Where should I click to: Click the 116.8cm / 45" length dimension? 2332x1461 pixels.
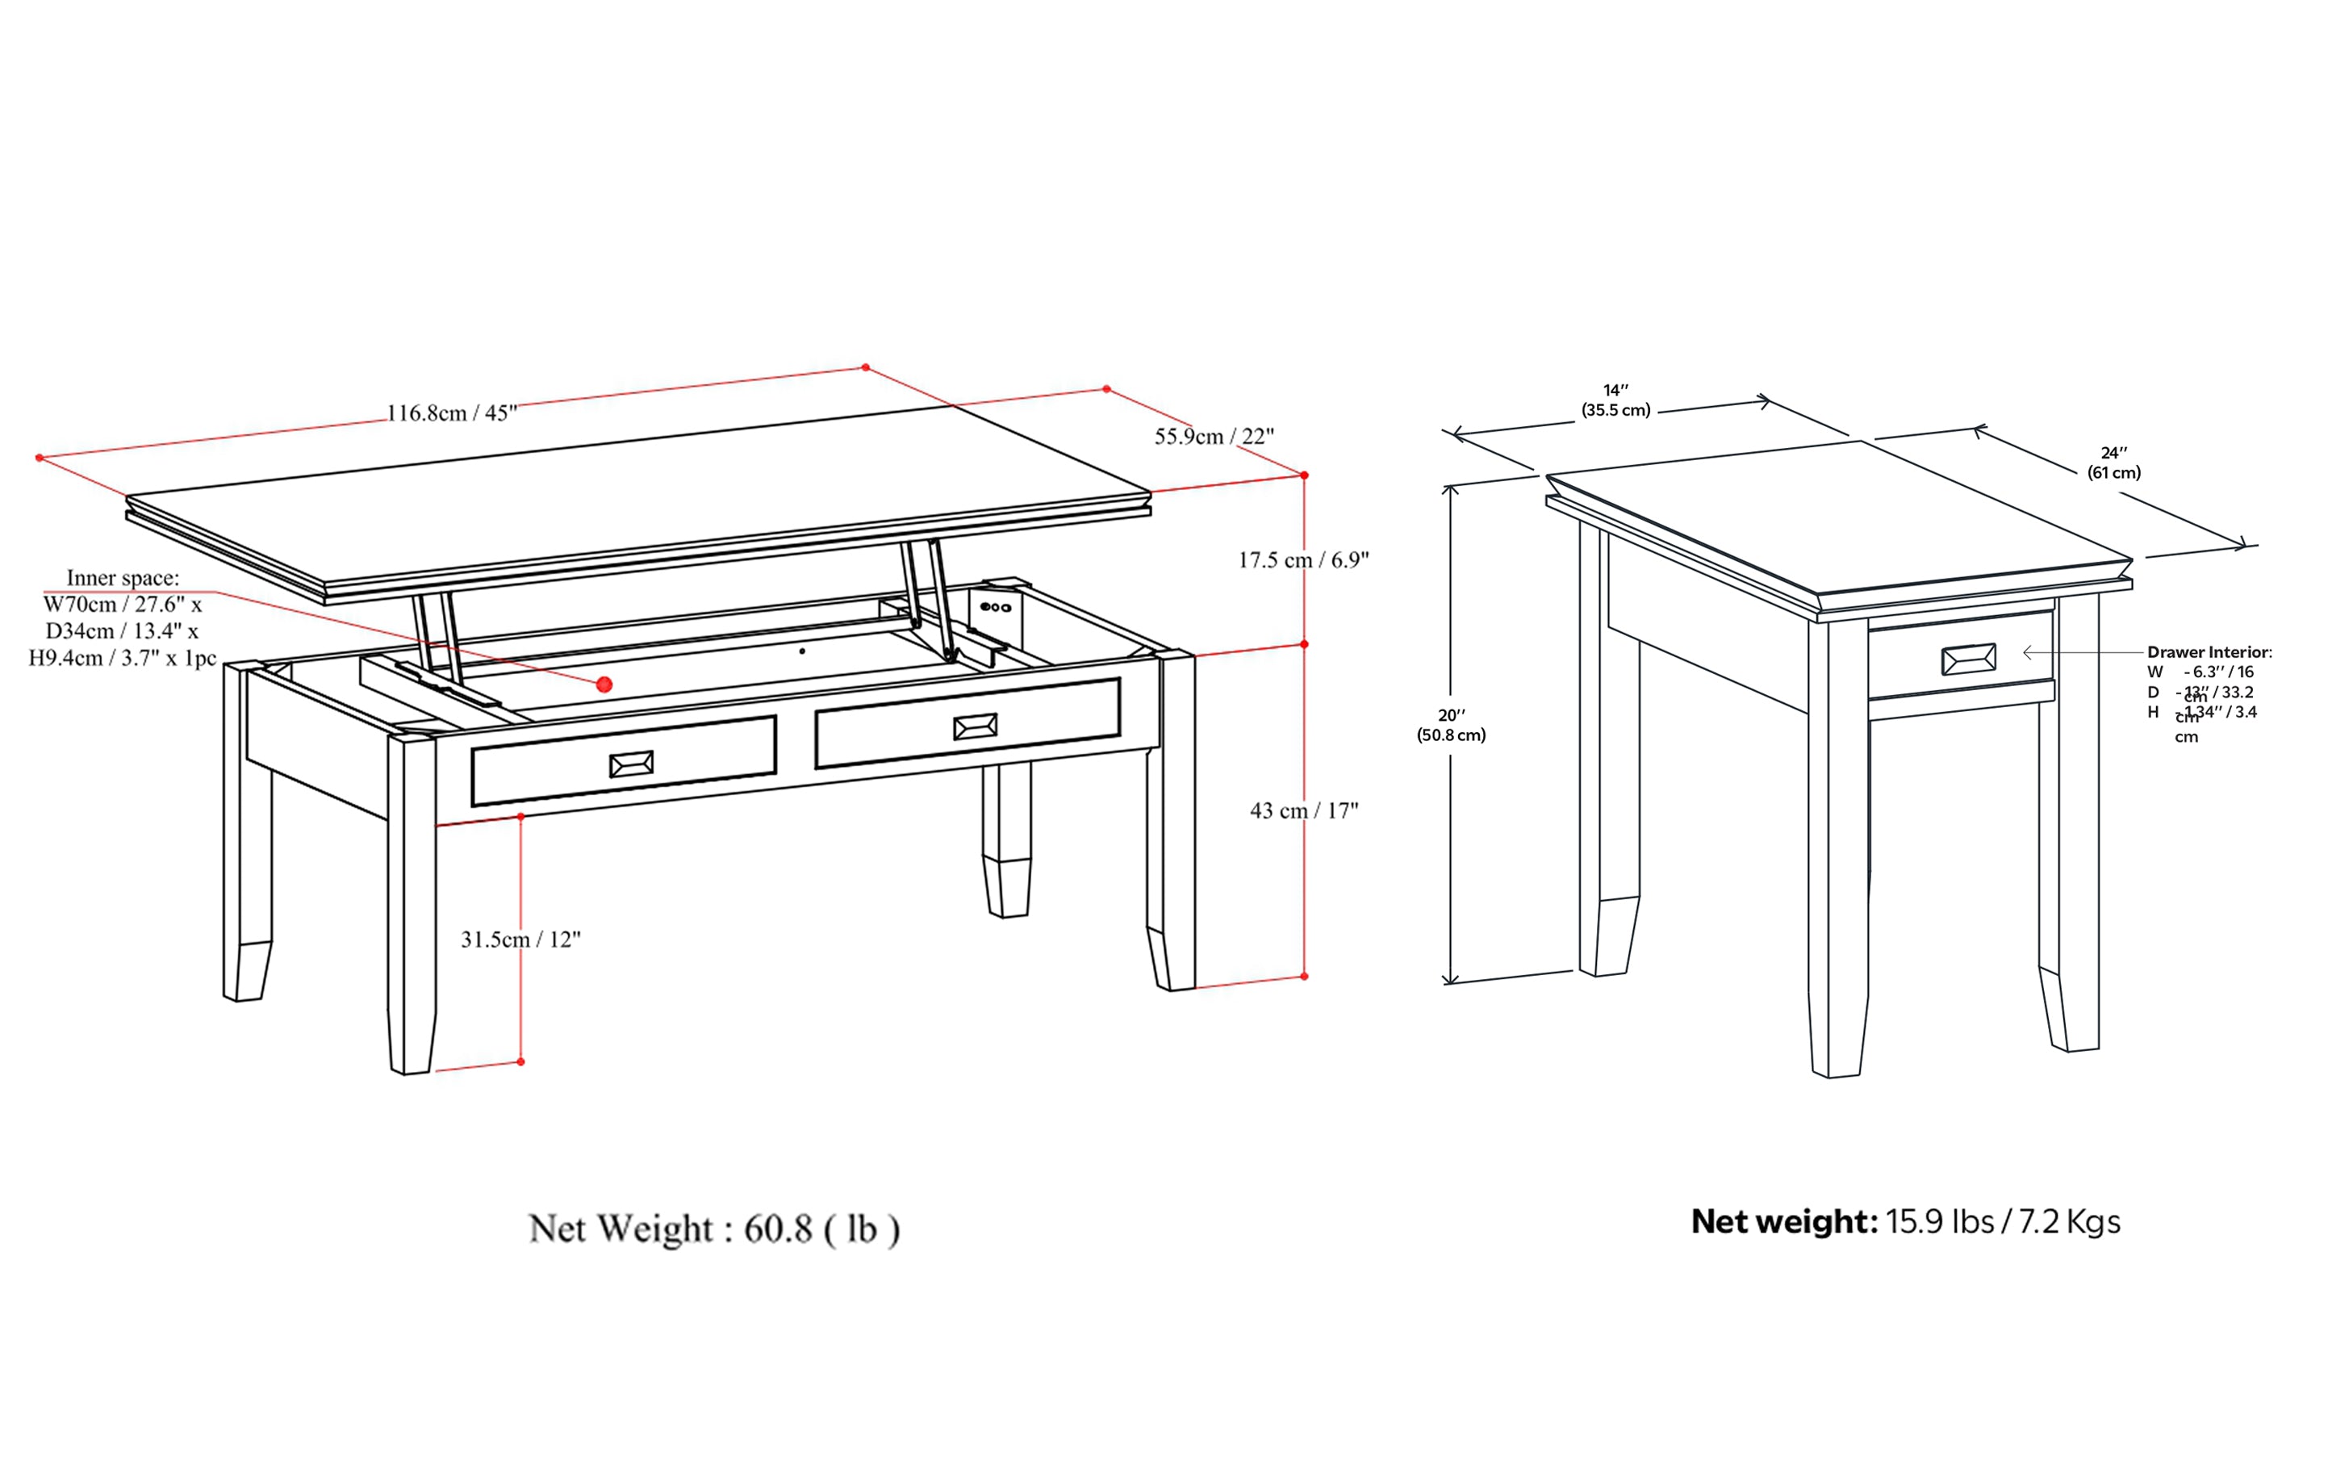[452, 413]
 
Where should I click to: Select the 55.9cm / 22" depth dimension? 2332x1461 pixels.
[1214, 437]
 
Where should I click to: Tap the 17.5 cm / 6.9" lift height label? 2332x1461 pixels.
[1303, 559]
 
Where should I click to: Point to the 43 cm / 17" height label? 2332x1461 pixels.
[1303, 810]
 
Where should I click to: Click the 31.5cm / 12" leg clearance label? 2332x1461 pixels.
[520, 940]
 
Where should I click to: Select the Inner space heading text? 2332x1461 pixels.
[123, 578]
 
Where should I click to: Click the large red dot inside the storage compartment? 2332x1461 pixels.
[604, 684]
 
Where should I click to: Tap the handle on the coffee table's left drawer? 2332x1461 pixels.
[631, 764]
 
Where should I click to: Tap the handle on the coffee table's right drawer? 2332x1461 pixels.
[975, 726]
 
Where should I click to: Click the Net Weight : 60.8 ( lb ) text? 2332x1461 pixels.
[714, 1229]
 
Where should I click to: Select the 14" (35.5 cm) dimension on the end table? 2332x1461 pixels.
[1615, 400]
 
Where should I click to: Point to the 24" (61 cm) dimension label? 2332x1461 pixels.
[2113, 463]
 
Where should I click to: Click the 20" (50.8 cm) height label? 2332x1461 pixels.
[1451, 725]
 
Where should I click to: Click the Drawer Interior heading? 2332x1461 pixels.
[2209, 652]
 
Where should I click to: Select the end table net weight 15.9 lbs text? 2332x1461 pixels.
[1905, 1222]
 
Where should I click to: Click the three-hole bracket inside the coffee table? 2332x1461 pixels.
[995, 608]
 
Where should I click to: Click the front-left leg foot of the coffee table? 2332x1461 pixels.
[412, 1044]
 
